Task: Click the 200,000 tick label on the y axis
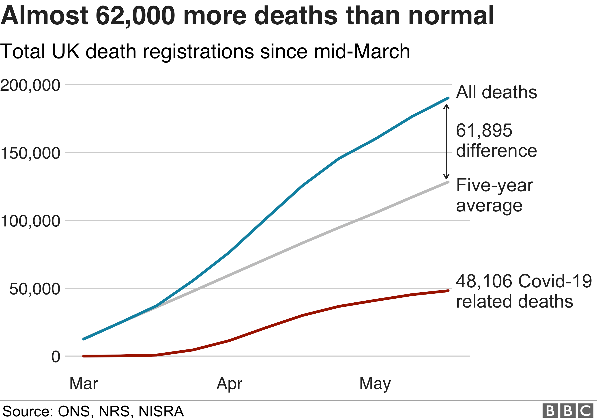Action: pyautogui.click(x=30, y=85)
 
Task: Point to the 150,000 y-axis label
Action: pyautogui.click(x=30, y=153)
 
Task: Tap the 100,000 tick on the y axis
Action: pyautogui.click(x=30, y=221)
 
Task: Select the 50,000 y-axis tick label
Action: pyautogui.click(x=34, y=289)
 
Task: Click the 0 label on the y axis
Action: pyautogui.click(x=56, y=357)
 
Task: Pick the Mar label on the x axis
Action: pyautogui.click(x=84, y=383)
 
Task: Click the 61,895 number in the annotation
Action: pyautogui.click(x=484, y=131)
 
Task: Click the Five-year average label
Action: pyautogui.click(x=494, y=196)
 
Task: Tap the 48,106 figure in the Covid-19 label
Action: pyautogui.click(x=484, y=281)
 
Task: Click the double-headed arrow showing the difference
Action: pyautogui.click(x=446, y=142)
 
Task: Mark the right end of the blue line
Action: pyautogui.click(x=448, y=98)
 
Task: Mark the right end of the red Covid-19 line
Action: pyautogui.click(x=448, y=291)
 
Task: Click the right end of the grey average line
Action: pyautogui.click(x=448, y=182)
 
